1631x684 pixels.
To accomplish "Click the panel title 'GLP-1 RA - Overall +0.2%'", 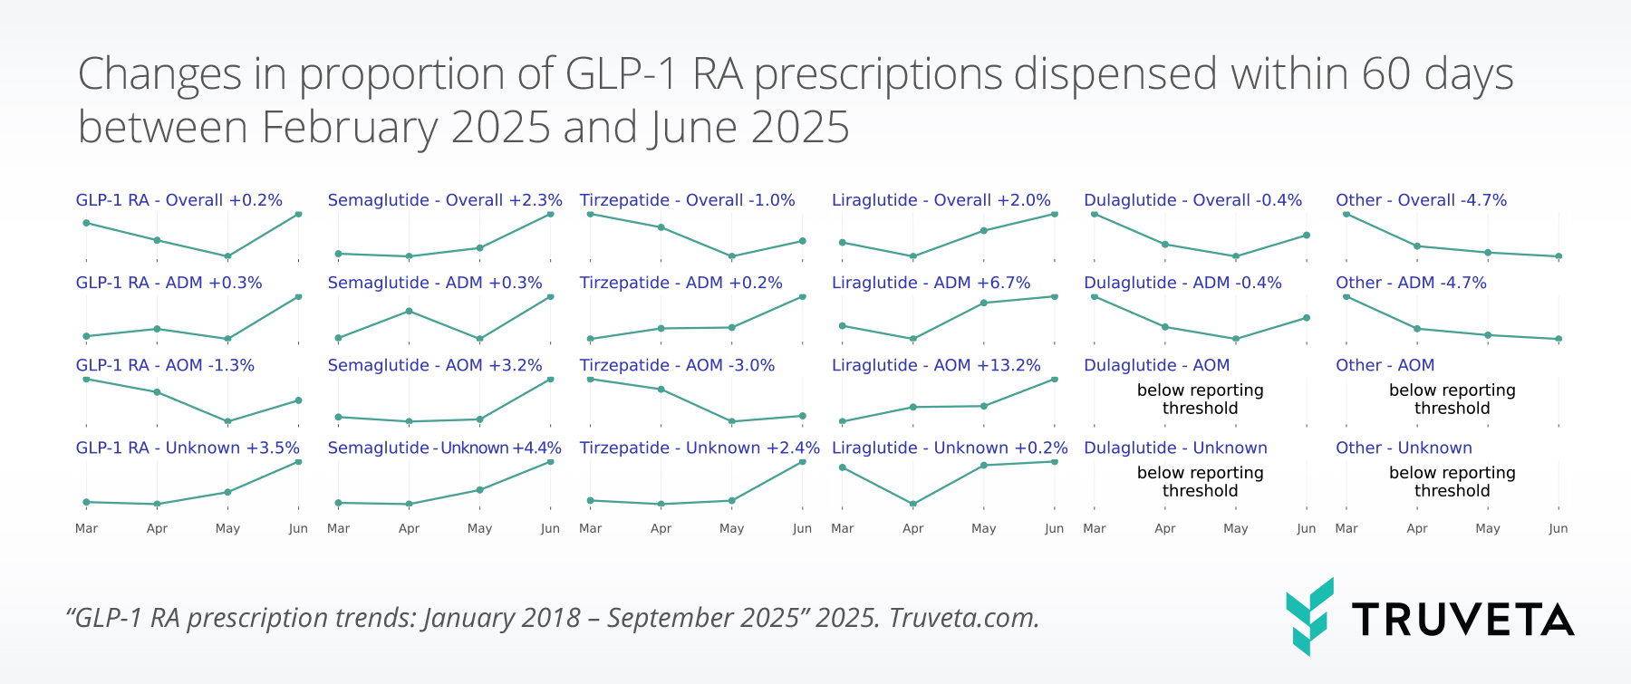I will point(179,200).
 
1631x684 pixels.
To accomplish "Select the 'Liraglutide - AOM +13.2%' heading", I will point(936,365).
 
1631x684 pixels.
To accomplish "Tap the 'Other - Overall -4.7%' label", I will point(1421,200).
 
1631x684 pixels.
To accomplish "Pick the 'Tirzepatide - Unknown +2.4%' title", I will point(700,448).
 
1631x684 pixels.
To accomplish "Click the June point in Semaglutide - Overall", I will point(551,214).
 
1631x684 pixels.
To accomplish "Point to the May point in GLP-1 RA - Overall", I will point(227,256).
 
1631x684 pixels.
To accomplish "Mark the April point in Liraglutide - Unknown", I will point(913,504).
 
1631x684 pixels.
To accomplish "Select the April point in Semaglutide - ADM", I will point(410,311).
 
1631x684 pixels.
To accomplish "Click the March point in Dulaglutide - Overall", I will point(1095,214).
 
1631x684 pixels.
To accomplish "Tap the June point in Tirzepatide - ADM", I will point(803,296).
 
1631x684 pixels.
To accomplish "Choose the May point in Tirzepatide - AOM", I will point(732,421).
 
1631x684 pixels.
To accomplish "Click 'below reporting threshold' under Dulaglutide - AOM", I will point(1200,400).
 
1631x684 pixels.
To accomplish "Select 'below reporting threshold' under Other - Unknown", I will point(1452,482).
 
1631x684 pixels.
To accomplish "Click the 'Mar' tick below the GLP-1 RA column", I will point(86,528).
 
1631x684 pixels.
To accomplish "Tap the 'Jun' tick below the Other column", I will point(1558,528).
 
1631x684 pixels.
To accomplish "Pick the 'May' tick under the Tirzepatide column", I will point(731,528).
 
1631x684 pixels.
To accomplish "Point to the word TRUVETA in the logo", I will point(1463,620).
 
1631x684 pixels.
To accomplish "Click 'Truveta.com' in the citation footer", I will point(963,618).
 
